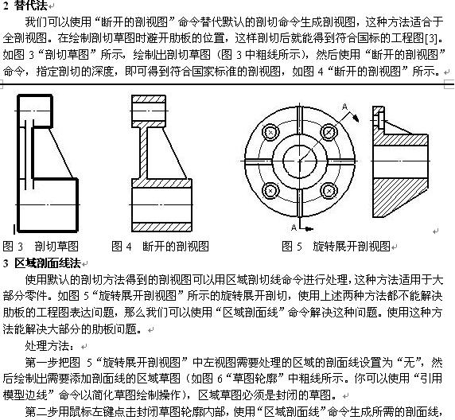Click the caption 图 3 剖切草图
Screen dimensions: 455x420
point(41,246)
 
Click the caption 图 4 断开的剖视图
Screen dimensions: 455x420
point(160,246)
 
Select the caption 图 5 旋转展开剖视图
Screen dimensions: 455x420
point(336,246)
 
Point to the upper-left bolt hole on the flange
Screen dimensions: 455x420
point(270,132)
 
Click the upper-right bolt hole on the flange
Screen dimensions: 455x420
point(329,132)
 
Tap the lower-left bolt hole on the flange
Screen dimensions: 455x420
point(270,191)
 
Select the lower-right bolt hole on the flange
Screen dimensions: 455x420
point(329,191)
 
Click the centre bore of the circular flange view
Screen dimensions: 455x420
point(300,161)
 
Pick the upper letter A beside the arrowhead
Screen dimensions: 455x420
point(344,107)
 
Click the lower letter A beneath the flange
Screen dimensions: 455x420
point(294,227)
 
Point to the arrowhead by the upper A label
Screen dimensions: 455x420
point(356,118)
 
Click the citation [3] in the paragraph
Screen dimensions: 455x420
point(430,38)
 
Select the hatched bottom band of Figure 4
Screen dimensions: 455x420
point(161,227)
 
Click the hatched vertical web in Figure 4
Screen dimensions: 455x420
point(144,153)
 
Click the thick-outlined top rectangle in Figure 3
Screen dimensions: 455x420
point(35,111)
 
